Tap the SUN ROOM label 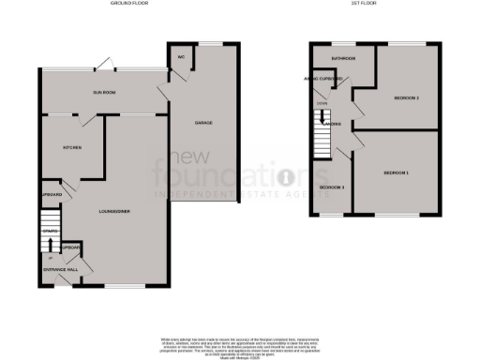coord(103,93)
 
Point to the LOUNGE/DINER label coord(113,211)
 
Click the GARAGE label coord(201,123)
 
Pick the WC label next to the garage coord(180,56)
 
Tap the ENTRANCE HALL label coord(60,270)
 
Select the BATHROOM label coord(343,58)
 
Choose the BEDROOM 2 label coord(405,97)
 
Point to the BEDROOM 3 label coord(332,187)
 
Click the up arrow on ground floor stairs coord(50,247)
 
